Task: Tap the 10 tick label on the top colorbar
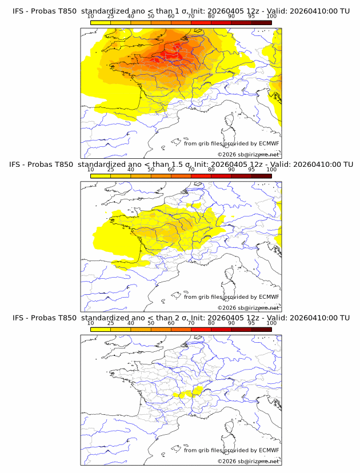pyautogui.click(x=90, y=17)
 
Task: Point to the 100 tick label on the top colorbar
pyautogui.click(x=271, y=17)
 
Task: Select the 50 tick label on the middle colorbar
pyautogui.click(x=151, y=170)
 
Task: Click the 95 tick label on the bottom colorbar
pyautogui.click(x=251, y=323)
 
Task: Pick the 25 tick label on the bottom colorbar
pyautogui.click(x=110, y=323)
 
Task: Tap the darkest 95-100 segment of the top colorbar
pyautogui.click(x=261, y=22)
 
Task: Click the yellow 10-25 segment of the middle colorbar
pyautogui.click(x=100, y=176)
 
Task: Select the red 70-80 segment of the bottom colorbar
pyautogui.click(x=201, y=329)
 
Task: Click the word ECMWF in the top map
pyautogui.click(x=269, y=144)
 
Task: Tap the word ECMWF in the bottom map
pyautogui.click(x=269, y=450)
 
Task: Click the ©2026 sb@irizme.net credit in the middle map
pyautogui.click(x=248, y=308)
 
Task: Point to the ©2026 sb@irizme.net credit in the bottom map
pyautogui.click(x=248, y=461)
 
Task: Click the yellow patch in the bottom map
pyautogui.click(x=198, y=390)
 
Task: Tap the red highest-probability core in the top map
pyautogui.click(x=169, y=56)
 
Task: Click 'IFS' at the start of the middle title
pyautogui.click(x=17, y=165)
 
